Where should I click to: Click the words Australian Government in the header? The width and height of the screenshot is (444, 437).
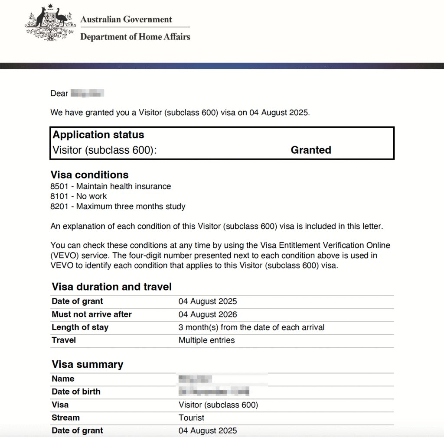[x=126, y=19]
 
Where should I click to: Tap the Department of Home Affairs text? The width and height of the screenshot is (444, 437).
[x=135, y=37]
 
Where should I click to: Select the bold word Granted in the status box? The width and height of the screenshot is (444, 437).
[x=311, y=150]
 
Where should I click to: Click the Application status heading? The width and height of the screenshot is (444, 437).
[x=98, y=135]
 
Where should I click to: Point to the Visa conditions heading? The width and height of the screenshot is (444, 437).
[x=90, y=175]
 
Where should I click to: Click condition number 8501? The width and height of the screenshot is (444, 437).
[x=59, y=187]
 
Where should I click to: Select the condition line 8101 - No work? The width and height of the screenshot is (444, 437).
[x=78, y=197]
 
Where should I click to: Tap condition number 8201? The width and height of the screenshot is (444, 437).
[x=59, y=207]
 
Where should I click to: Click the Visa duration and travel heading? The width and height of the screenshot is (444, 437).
[x=111, y=287]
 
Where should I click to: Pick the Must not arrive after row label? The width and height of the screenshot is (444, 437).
[x=91, y=314]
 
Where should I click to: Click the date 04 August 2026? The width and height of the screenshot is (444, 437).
[x=208, y=314]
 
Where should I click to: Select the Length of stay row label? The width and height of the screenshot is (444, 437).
[x=80, y=327]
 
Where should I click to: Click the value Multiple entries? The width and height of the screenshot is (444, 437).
[x=206, y=340]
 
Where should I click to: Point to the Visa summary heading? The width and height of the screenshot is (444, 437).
[x=87, y=364]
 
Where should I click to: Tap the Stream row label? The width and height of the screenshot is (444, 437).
[x=65, y=418]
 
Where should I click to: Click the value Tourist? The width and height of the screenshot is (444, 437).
[x=191, y=418]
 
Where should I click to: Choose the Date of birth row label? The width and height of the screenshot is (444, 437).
[x=76, y=392]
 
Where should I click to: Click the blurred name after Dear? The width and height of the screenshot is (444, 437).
[x=87, y=94]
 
